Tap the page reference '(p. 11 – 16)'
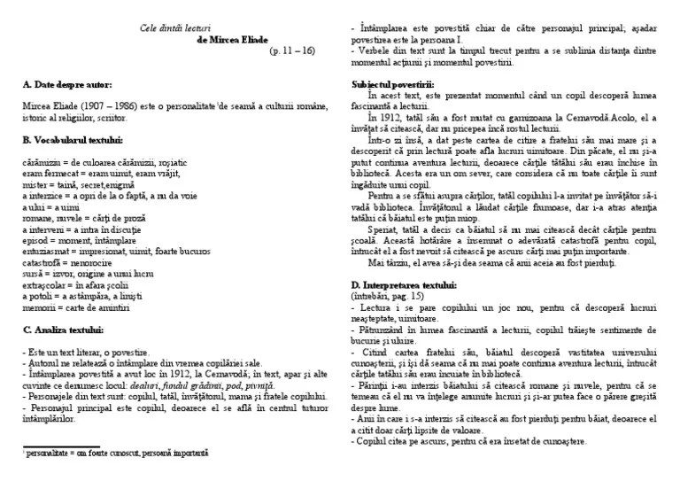tap(292, 51)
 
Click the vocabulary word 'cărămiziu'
tap(39, 163)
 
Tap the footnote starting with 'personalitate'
tap(115, 453)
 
